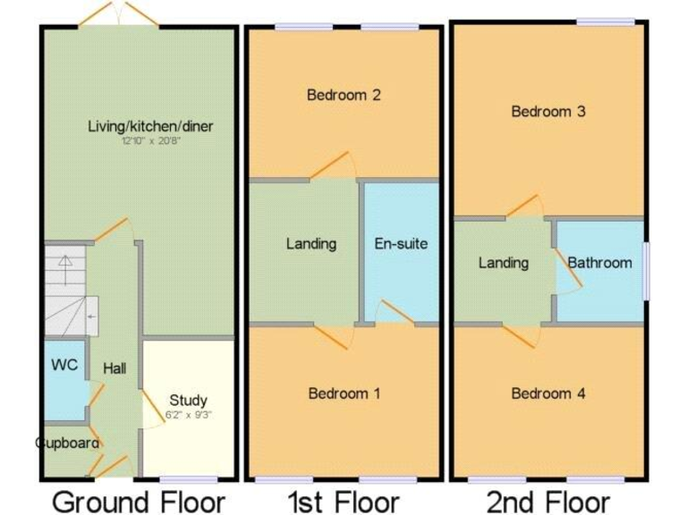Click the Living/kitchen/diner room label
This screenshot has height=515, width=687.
[x=150, y=126]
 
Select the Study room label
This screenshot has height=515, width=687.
[x=188, y=401]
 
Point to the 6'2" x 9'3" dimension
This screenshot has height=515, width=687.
[x=188, y=415]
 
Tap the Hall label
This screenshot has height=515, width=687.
[x=114, y=368]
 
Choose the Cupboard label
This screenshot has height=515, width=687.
[x=68, y=443]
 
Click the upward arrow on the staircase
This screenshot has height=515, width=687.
[x=64, y=264]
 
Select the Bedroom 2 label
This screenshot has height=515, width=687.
[x=344, y=95]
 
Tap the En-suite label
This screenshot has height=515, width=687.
[x=401, y=243]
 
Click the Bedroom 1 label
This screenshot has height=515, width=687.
[x=344, y=393]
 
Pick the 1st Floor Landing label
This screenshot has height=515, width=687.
[x=311, y=243]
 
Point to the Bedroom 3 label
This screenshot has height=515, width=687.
[x=547, y=112]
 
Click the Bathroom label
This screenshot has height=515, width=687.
[x=599, y=263]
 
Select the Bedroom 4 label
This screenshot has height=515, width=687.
[x=547, y=393]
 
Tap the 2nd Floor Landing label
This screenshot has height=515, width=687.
[x=503, y=263]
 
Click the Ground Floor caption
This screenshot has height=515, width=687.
[x=139, y=501]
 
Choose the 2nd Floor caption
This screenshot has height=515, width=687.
[x=548, y=501]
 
